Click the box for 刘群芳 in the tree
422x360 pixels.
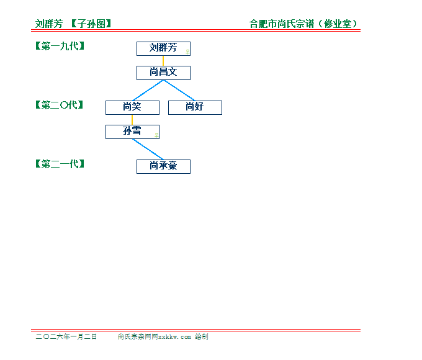tap(163, 49)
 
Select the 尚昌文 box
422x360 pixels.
tap(163, 73)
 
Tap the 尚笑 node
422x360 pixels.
tap(132, 108)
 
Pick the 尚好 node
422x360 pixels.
tap(195, 108)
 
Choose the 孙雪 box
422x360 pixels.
tap(132, 132)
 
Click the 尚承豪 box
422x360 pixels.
tap(163, 167)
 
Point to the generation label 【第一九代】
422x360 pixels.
tap(60, 46)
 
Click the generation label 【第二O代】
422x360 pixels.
tap(60, 105)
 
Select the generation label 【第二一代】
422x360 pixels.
tap(60, 164)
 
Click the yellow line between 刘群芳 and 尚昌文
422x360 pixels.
tap(163, 61)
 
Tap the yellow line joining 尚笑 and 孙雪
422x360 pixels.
tap(132, 120)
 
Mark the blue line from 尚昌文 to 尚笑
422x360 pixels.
tap(148, 91)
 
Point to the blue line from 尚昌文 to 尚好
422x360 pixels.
tap(179, 91)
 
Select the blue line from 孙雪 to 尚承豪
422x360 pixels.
tap(148, 150)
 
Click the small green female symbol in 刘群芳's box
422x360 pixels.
tap(187, 52)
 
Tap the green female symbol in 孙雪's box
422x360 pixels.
tap(156, 135)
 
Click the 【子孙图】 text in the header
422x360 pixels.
tap(91, 24)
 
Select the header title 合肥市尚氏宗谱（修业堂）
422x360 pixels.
tap(303, 24)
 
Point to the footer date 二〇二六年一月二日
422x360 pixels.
tap(66, 336)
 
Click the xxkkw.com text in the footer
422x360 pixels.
tap(174, 337)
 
